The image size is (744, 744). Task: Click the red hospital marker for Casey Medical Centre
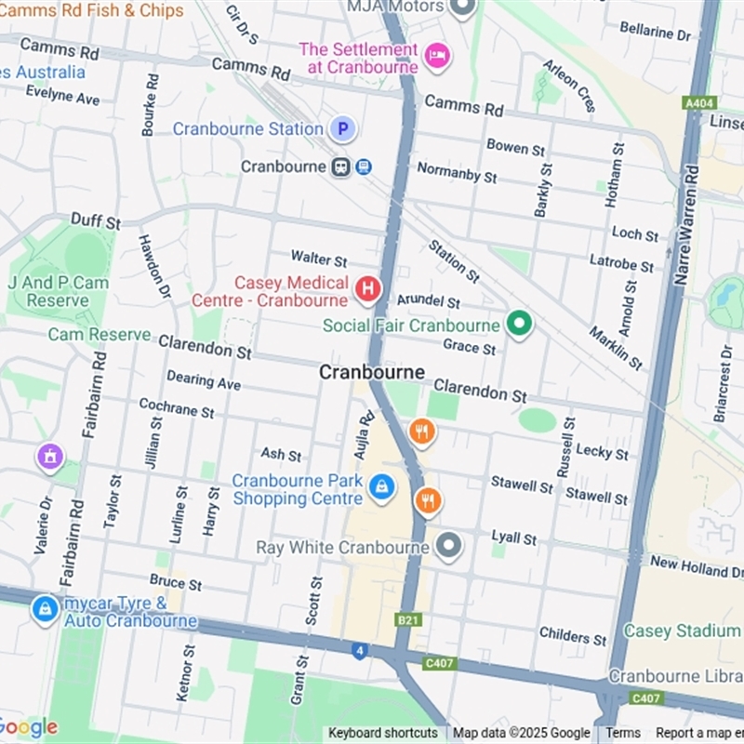click(x=367, y=290)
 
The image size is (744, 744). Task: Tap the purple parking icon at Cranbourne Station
click(x=343, y=129)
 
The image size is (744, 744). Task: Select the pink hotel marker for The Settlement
click(x=436, y=56)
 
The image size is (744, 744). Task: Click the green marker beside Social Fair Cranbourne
click(x=518, y=325)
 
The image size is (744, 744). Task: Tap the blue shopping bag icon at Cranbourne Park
click(x=381, y=486)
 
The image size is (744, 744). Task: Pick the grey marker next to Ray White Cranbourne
click(x=449, y=546)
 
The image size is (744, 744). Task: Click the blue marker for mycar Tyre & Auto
click(x=45, y=609)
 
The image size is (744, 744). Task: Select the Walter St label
click(x=318, y=258)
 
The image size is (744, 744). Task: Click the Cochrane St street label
click(x=176, y=407)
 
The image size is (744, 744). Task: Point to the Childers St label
click(x=572, y=637)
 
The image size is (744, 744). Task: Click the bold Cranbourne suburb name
click(x=371, y=372)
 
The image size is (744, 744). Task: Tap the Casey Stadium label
click(x=682, y=631)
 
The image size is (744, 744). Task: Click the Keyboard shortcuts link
click(x=382, y=733)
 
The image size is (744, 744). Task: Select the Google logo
click(x=28, y=727)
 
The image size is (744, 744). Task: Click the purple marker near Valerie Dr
click(x=50, y=457)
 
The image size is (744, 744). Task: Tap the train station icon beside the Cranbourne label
click(x=341, y=166)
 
